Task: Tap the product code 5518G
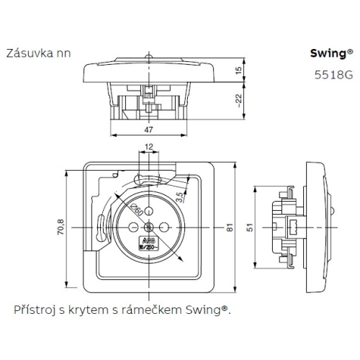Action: point(338,73)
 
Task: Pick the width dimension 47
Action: point(147,130)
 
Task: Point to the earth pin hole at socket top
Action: point(148,210)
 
